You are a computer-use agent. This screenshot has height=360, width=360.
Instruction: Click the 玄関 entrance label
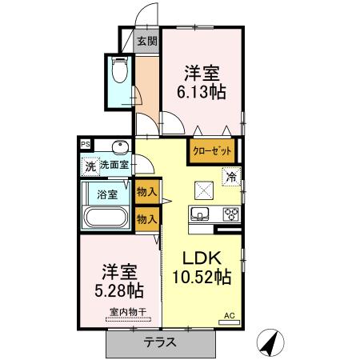pos(146,41)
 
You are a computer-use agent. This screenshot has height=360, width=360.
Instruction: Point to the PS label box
pos(84,144)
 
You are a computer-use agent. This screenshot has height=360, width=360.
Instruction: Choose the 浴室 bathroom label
pos(107,194)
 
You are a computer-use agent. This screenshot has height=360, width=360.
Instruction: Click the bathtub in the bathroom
pos(105,218)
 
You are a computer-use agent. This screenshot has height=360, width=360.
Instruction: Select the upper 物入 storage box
pos(146,192)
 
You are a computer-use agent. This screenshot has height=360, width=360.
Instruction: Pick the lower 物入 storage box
pos(146,218)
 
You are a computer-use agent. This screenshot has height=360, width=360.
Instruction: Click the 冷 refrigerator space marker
pos(230,178)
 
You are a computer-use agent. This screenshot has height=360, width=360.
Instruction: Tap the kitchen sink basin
pos(199,213)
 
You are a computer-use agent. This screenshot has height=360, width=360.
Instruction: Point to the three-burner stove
pos(230,213)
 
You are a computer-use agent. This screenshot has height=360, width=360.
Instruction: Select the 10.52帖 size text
pos(201,278)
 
